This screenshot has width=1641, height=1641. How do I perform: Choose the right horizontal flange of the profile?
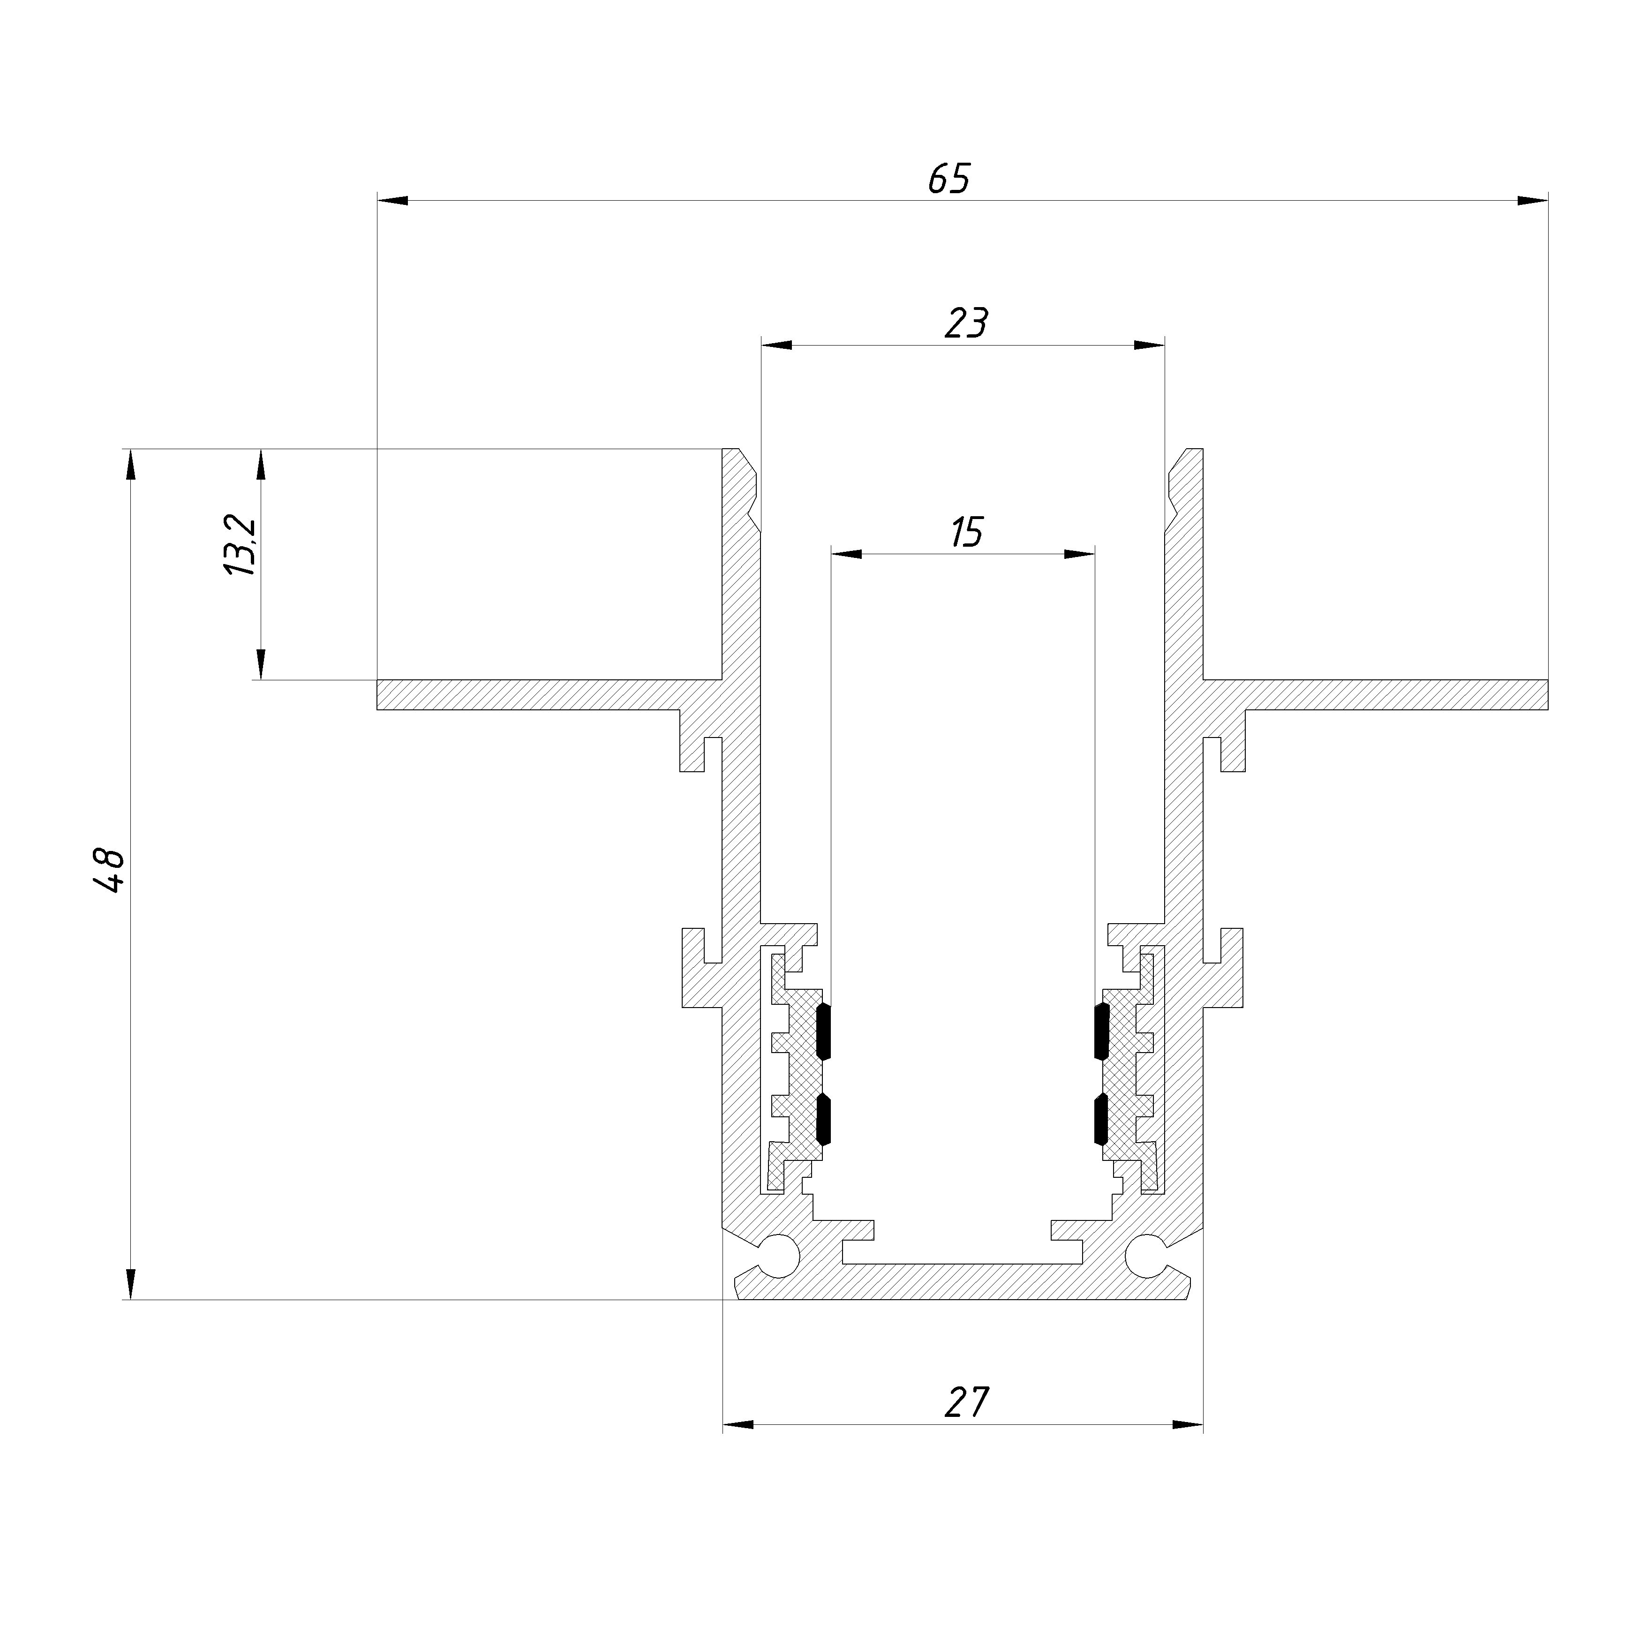(x=1393, y=695)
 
